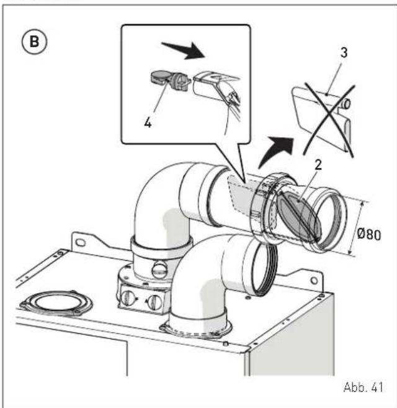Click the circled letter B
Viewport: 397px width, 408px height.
tap(34, 42)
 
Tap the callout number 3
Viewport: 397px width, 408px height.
tap(344, 53)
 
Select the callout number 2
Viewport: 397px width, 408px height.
tap(318, 165)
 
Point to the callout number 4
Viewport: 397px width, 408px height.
tap(148, 122)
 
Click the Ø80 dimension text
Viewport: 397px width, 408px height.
tap(369, 234)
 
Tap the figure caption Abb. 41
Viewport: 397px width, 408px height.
tap(364, 387)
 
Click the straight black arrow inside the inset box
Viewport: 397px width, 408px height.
tap(184, 50)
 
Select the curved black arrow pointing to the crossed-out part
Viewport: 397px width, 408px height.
tap(276, 152)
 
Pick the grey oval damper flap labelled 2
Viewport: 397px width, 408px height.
tap(298, 217)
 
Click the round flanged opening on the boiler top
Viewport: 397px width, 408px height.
tap(56, 303)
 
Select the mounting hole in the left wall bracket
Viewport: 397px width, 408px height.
tap(80, 243)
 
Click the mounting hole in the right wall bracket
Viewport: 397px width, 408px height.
tap(314, 281)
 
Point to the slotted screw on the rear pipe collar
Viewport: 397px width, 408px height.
tap(159, 270)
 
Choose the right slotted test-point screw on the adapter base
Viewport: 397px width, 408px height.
tap(154, 302)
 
